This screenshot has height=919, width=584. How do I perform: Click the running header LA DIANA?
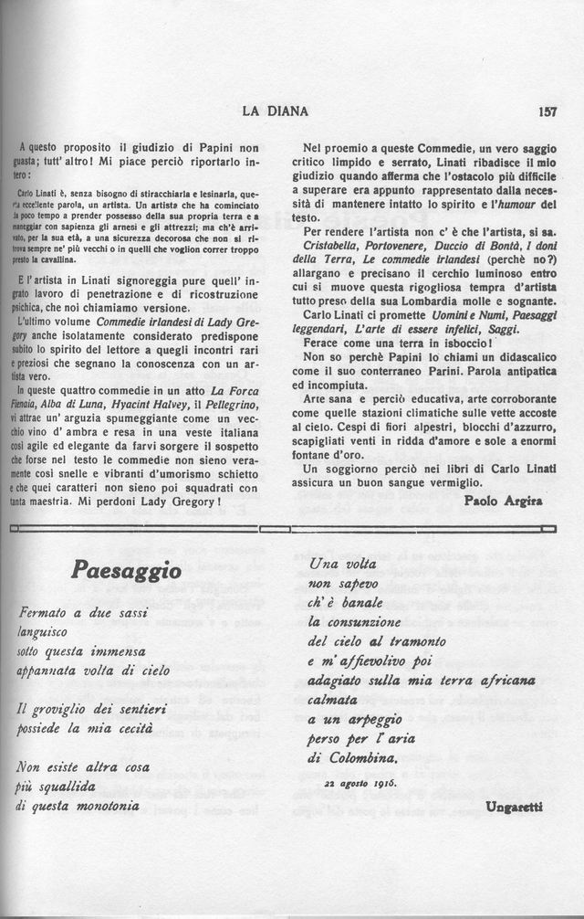point(275,112)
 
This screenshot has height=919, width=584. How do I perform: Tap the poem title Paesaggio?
point(126,571)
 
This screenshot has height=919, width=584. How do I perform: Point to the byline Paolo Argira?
point(502,501)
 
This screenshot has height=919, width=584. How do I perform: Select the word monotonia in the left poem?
point(102,807)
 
